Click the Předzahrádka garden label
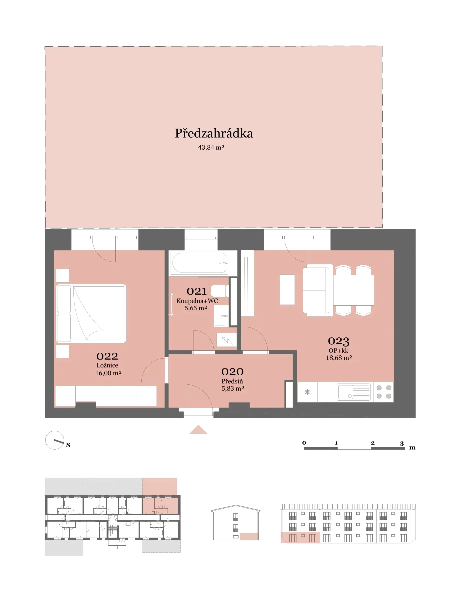point(214,133)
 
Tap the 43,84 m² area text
point(211,147)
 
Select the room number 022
point(107,356)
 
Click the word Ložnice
point(107,365)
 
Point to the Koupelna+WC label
point(197,301)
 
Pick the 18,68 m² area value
point(339,358)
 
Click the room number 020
point(232,372)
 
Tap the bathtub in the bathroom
point(200,263)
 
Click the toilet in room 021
point(220,291)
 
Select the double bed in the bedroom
point(91,313)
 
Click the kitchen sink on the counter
point(353,392)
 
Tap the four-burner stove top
point(384,392)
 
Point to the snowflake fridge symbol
point(307,392)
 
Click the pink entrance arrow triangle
point(198,430)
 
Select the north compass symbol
point(55,440)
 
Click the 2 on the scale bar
point(373,443)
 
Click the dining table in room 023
point(354,290)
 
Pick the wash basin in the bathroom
point(221,316)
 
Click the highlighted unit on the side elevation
point(249,536)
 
